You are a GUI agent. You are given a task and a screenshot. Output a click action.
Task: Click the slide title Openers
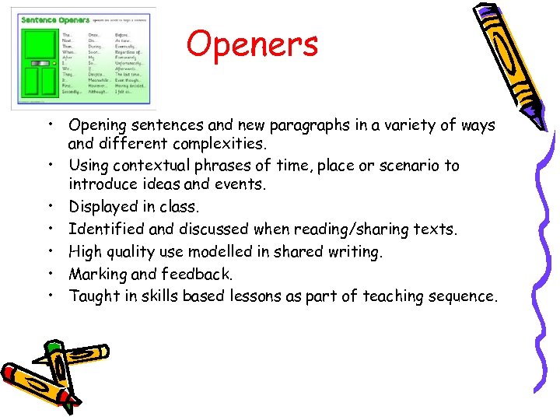pyautogui.click(x=253, y=44)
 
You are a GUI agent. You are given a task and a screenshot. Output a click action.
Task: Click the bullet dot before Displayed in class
pyautogui.click(x=49, y=208)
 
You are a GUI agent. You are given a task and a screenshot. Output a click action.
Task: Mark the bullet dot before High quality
pyautogui.click(x=49, y=251)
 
